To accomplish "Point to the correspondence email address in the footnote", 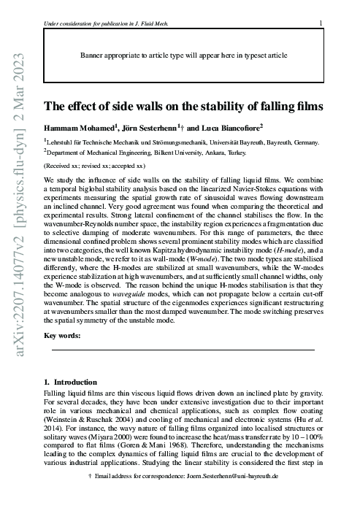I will [x=218, y=496].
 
